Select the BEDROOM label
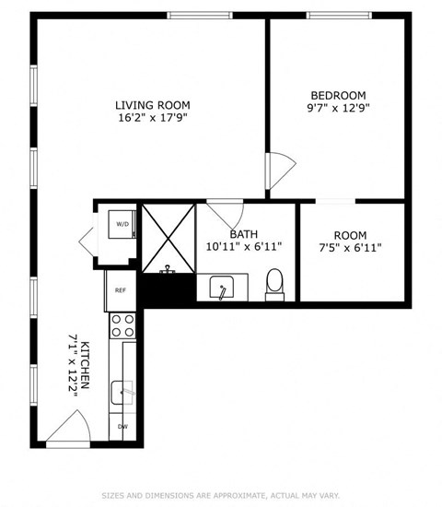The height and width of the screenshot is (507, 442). point(338,95)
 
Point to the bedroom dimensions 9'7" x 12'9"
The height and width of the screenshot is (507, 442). point(338,109)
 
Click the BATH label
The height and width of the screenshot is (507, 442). point(244,234)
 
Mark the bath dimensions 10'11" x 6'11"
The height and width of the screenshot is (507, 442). point(244,247)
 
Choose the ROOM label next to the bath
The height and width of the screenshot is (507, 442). point(350,234)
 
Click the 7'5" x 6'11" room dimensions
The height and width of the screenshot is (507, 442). point(350,247)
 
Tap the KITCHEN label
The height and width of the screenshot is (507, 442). point(85,364)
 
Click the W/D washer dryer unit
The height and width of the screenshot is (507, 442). point(122,224)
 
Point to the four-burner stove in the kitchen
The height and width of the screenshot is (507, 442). point(122,324)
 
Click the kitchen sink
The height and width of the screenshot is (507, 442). point(122,394)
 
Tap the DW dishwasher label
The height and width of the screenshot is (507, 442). point(122,427)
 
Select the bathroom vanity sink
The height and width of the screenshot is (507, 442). point(221,289)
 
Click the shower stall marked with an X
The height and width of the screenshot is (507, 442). point(169,236)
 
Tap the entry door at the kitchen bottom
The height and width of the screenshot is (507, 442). point(69,429)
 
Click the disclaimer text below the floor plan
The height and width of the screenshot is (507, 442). point(221,494)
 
